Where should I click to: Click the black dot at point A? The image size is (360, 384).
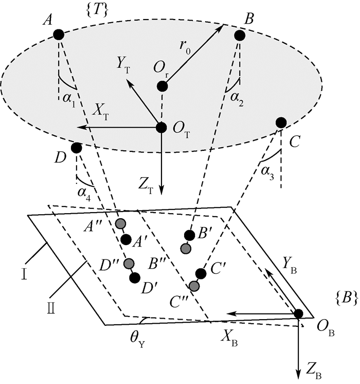[x=59, y=34]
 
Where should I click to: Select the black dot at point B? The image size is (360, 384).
[x=239, y=35]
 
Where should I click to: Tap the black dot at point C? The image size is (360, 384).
[x=281, y=123]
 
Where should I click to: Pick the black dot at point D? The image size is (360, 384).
[x=76, y=148]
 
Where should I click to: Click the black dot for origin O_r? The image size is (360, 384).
[x=162, y=86]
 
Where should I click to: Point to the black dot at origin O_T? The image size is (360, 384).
[x=161, y=127]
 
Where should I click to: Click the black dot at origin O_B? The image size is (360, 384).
[x=298, y=313]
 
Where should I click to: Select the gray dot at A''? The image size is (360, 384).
[x=120, y=223]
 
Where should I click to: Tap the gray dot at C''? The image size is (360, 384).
[x=194, y=286]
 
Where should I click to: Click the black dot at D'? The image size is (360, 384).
[x=135, y=278]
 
